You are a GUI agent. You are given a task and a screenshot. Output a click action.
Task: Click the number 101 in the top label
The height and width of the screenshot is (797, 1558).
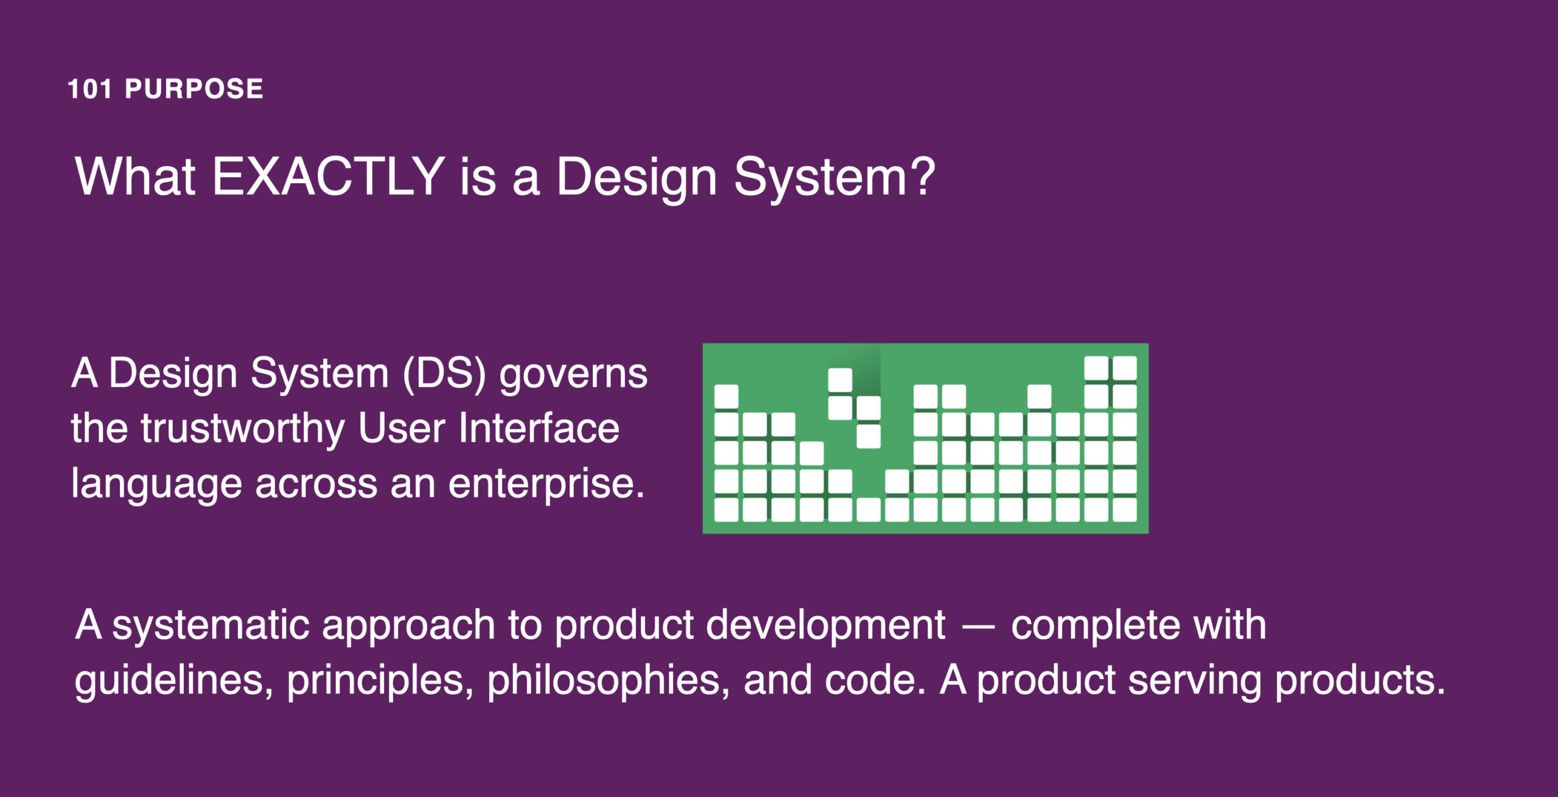[89, 89]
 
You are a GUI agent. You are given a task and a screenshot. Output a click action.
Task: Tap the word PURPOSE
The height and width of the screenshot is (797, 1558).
[194, 89]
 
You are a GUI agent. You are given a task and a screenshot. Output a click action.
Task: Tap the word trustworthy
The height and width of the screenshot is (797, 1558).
[243, 430]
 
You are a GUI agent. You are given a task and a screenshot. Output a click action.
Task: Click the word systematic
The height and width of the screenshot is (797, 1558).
[211, 626]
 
